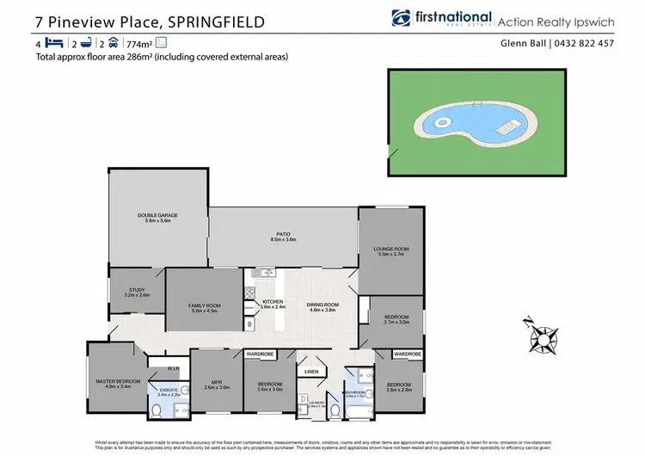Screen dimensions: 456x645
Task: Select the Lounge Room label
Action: pos(390,250)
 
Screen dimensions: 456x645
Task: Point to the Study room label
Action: pos(137,292)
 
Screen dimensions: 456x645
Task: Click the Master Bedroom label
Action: pos(117,383)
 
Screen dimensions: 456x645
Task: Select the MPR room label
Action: pos(217,385)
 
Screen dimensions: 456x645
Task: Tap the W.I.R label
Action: pos(172,370)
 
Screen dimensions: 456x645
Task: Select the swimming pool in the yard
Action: pos(472,112)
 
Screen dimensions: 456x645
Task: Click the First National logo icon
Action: pos(402,18)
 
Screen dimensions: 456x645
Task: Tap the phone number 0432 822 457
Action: pos(584,44)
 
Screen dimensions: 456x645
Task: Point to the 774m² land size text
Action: pos(138,42)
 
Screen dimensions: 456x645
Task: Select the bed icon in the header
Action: pos(54,42)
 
